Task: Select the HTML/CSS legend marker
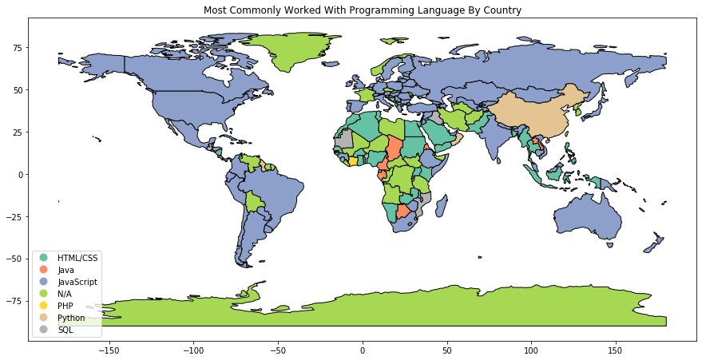pos(43,258)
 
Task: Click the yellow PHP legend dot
pos(43,306)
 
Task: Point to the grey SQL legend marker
pos(43,330)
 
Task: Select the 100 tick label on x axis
pos(531,350)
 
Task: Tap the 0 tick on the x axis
pos(363,350)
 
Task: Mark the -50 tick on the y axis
pos(14,259)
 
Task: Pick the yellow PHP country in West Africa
pos(353,161)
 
